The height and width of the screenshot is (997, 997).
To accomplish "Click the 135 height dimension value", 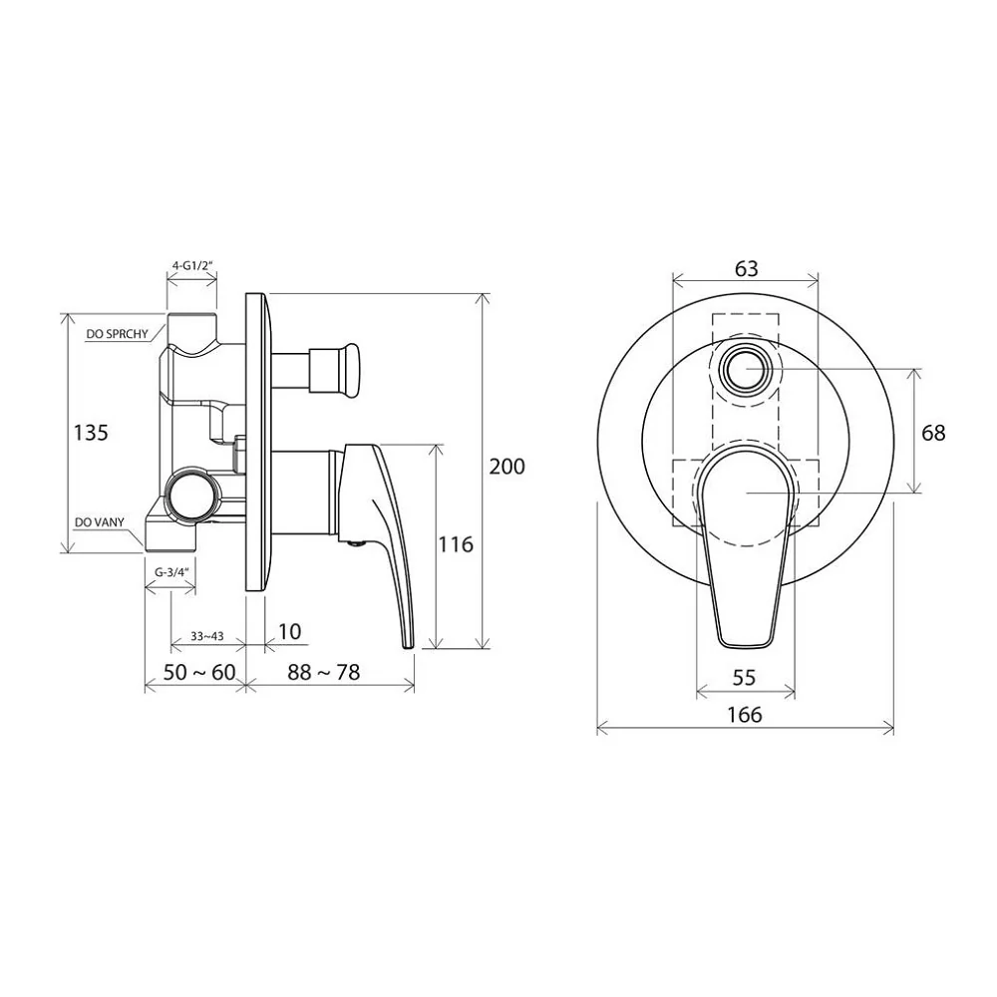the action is coord(91,433).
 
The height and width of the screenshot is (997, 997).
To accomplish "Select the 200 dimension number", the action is coord(506,467).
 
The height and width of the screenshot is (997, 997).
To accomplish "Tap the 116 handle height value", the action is coord(456,544).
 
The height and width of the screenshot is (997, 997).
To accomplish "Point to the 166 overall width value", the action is coord(745,715).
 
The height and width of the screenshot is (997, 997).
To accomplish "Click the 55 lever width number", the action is coord(744,678).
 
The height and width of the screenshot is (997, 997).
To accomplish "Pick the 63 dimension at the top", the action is coord(747,269).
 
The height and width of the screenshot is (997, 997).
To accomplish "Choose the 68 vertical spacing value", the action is coord(933,433).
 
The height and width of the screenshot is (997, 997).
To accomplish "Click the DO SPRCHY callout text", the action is coord(117,334).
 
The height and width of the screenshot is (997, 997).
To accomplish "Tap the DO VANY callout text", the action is coord(99,522).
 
